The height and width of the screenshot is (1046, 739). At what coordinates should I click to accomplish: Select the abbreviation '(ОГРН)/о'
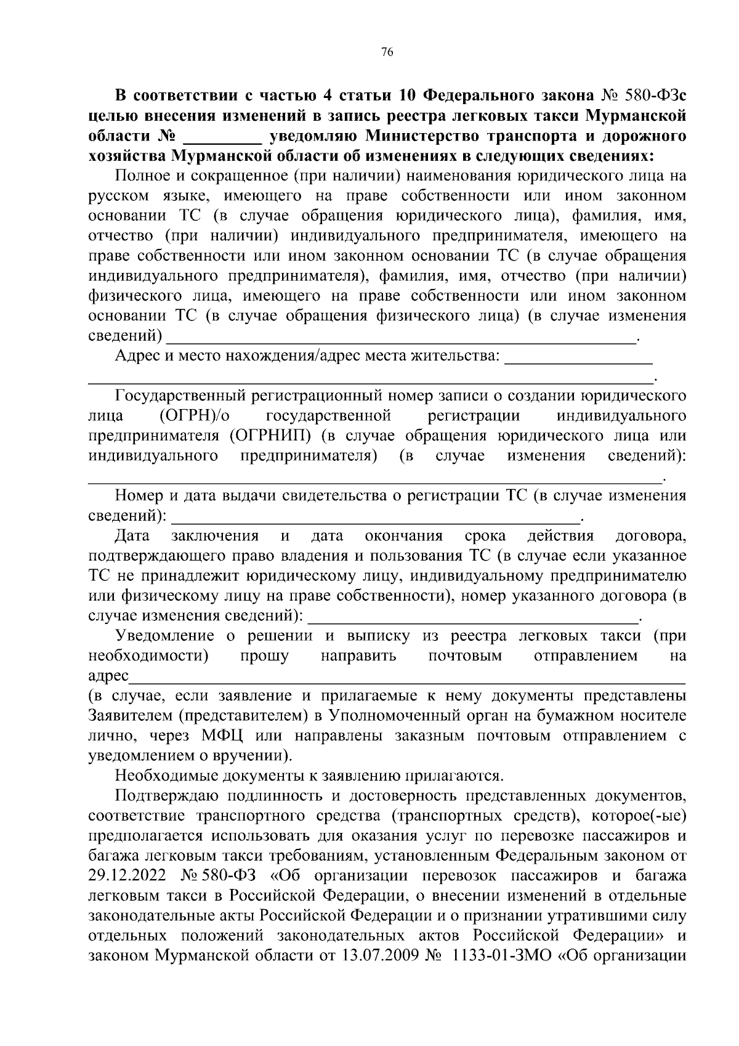[199, 416]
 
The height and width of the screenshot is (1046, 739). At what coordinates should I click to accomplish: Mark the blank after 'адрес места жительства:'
[578, 361]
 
